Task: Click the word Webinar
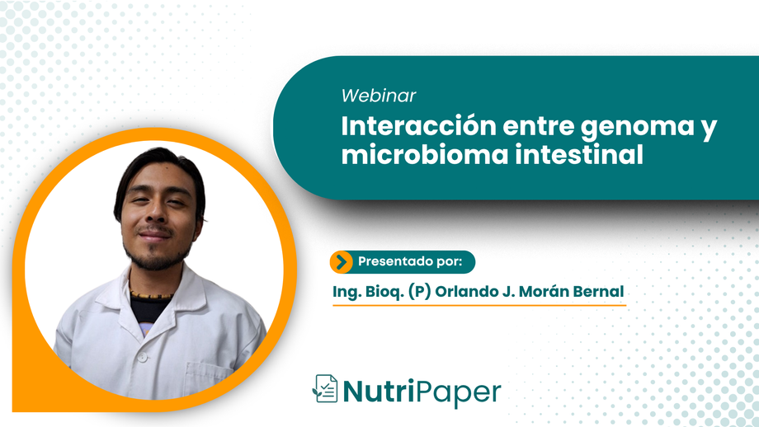379,96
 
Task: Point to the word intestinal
573,156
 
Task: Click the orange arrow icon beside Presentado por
341,262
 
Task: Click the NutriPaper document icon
325,390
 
